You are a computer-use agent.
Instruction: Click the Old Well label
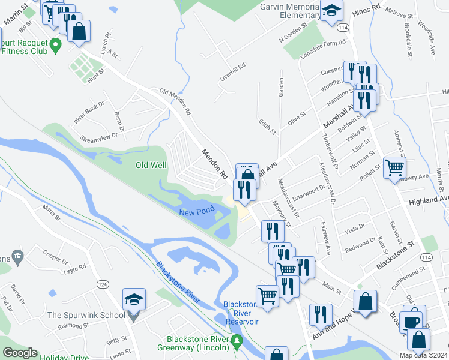[x=150, y=166]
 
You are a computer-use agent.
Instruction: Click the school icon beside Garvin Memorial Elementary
[x=331, y=11]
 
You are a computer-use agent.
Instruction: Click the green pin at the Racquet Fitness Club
[x=55, y=44]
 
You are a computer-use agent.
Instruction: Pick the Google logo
[x=19, y=353]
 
